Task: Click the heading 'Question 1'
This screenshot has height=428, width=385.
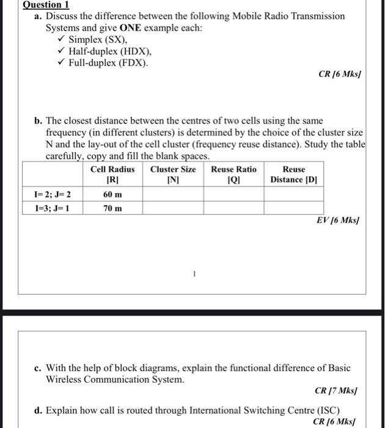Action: [45, 4]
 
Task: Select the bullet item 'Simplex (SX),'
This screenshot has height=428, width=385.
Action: [103, 40]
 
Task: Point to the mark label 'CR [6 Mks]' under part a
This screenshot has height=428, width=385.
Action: [340, 75]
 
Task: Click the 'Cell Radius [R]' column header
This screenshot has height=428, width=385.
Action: [112, 174]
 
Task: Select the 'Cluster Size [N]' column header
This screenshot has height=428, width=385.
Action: [173, 174]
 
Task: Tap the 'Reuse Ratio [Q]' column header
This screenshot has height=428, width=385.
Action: [234, 174]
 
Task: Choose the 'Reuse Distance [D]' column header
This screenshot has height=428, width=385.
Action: [294, 174]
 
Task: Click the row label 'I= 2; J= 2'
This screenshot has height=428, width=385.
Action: [53, 194]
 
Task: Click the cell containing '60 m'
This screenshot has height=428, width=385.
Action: [112, 194]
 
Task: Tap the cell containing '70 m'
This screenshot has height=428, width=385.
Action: [112, 208]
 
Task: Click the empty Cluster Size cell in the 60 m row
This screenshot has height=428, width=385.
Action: [173, 194]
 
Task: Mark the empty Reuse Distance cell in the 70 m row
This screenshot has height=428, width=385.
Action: [294, 208]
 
